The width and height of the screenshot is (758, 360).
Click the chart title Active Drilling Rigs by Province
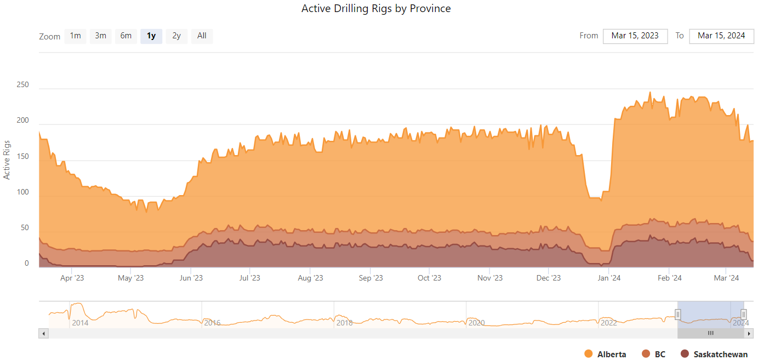coord(376,9)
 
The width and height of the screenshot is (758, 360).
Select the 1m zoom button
coord(75,36)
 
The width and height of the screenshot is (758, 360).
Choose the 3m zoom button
coord(100,36)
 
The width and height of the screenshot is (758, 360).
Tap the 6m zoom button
coord(126,36)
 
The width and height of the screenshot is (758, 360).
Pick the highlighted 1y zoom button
coord(151,36)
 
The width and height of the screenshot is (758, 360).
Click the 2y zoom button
coord(176,36)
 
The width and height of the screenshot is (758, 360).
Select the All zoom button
coord(202,36)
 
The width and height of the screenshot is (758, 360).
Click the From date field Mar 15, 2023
coord(635,36)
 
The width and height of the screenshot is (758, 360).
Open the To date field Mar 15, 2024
coord(721,36)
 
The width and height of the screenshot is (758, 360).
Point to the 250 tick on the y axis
coord(22,85)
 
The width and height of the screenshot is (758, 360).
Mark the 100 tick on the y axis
coord(22,192)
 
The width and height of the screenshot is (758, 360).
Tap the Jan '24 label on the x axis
coord(609,278)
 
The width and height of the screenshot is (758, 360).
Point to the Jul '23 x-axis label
coord(250,278)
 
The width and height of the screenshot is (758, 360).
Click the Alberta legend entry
coord(606,355)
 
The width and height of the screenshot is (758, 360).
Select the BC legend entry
coord(654,355)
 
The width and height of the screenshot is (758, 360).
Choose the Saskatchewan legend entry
coord(714,355)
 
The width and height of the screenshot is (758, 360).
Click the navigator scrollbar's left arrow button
coord(43,333)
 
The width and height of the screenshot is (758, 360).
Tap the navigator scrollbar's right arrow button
coord(749,333)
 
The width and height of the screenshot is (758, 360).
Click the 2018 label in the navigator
coord(344,323)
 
